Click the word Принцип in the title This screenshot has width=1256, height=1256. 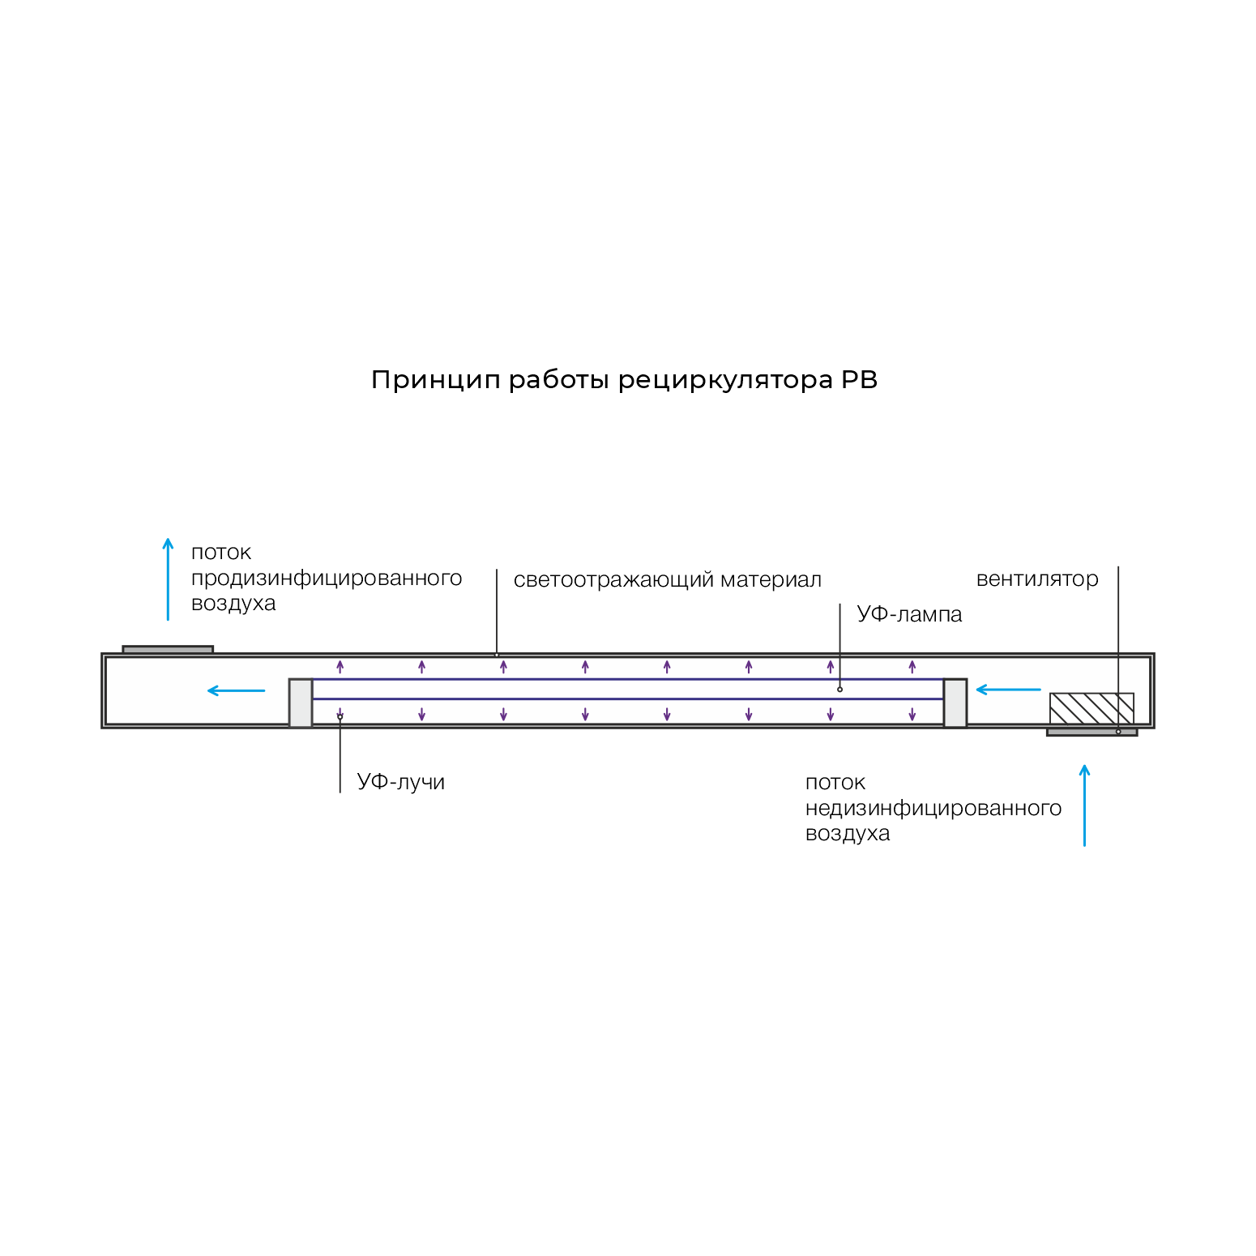coord(436,381)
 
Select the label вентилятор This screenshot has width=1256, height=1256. coord(1037,579)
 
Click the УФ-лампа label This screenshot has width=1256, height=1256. coord(909,614)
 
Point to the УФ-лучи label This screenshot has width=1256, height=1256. coord(401,782)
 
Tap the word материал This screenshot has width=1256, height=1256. coord(771,580)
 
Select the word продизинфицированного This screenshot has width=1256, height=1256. coord(327,579)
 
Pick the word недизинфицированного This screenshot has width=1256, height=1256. coord(933,809)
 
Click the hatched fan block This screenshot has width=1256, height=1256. coord(1092,709)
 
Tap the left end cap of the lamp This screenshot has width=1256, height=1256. coord(301,703)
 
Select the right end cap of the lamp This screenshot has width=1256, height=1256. coord(955,703)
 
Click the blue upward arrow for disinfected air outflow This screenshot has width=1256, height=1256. coord(168,579)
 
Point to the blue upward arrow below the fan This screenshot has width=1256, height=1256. coord(1084,805)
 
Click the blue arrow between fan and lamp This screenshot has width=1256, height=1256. coord(1008,690)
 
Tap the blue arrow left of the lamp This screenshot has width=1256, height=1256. coord(237,690)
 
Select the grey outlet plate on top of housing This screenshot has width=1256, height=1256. coord(168,650)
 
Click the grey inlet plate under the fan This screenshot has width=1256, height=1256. coord(1092,732)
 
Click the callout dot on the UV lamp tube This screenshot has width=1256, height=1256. coord(839,690)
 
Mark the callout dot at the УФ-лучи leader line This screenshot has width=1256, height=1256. coord(340,717)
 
